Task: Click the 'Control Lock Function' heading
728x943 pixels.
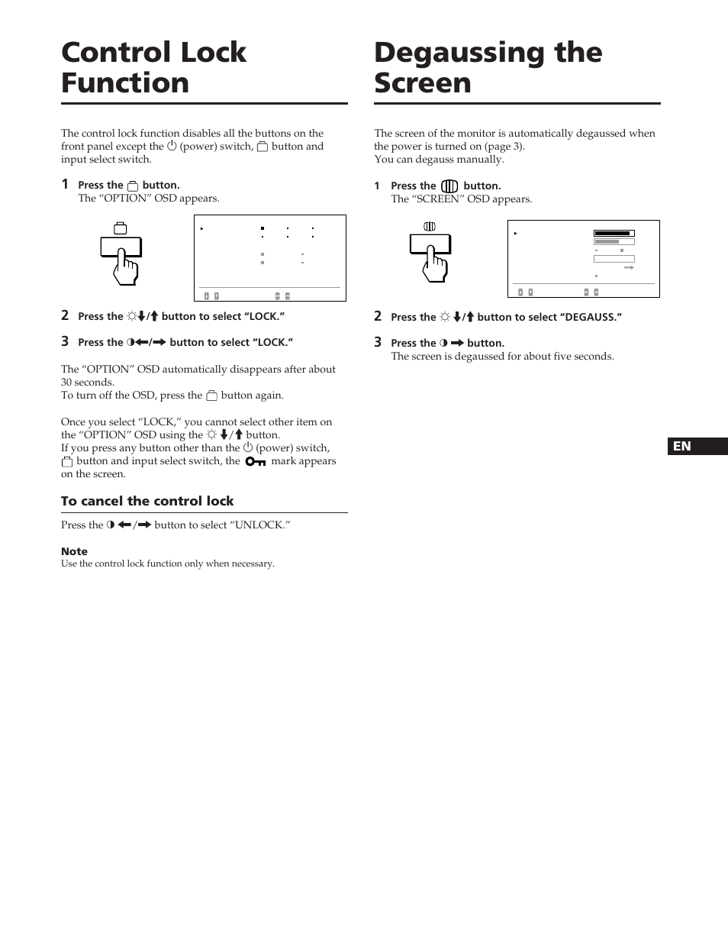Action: pos(153,67)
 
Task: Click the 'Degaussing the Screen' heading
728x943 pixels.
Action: pos(488,67)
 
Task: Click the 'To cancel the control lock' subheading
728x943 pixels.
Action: pos(147,501)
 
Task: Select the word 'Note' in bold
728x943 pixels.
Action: pos(74,551)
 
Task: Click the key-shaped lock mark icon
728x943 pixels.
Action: pos(256,461)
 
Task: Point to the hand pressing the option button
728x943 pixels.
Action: pos(126,268)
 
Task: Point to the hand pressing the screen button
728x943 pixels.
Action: pos(435,265)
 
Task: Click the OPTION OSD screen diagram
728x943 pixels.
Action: pos(270,258)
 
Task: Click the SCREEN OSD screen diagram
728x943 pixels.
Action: pos(583,259)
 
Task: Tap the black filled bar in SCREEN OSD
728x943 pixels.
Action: pos(613,234)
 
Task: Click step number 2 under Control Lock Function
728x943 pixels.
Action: pos(65,315)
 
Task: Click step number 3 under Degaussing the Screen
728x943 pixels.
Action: pos(378,342)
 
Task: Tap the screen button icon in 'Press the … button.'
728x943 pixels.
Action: pos(449,186)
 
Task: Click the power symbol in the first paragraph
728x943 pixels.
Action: pos(172,146)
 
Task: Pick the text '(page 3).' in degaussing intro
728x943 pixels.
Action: pos(504,146)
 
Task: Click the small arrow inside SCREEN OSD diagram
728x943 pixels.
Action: pos(629,268)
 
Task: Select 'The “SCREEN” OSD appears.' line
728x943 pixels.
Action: pos(461,199)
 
